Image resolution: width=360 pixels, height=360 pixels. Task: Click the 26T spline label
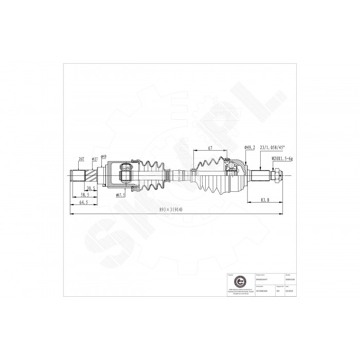point(81,159)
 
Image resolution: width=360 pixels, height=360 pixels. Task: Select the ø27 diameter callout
point(95,159)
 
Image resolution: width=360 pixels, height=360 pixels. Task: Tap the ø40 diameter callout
point(104,156)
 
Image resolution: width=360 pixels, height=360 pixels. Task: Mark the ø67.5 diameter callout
point(121,195)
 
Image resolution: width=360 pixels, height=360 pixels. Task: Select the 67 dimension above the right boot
point(210,148)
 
